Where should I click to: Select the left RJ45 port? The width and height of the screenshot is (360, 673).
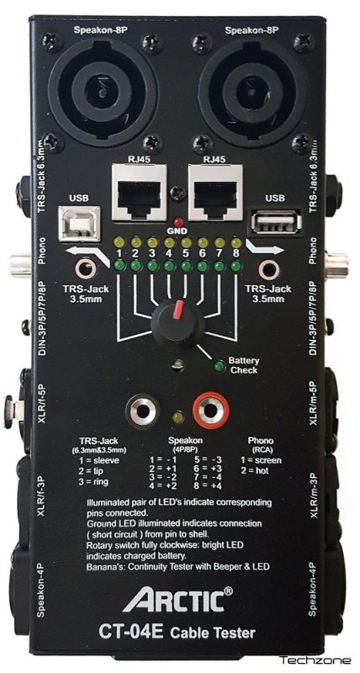(139, 193)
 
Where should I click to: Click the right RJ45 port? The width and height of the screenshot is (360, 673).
(216, 193)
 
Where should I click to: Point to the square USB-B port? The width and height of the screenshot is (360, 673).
(80, 223)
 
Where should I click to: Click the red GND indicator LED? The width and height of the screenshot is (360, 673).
(177, 223)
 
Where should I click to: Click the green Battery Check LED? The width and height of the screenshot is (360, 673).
(220, 366)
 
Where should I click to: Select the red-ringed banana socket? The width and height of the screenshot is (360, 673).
(210, 411)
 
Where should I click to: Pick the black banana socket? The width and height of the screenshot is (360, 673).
(143, 411)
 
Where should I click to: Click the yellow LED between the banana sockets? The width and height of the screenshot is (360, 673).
(177, 417)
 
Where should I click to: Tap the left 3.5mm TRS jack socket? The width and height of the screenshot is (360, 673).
(86, 269)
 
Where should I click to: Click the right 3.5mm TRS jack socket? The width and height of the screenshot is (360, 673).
(269, 269)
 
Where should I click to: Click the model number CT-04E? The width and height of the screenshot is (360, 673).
(131, 632)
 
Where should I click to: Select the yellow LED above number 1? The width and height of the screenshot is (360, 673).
(119, 243)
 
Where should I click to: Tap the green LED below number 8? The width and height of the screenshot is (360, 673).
(236, 267)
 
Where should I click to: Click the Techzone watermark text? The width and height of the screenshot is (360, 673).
(315, 660)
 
